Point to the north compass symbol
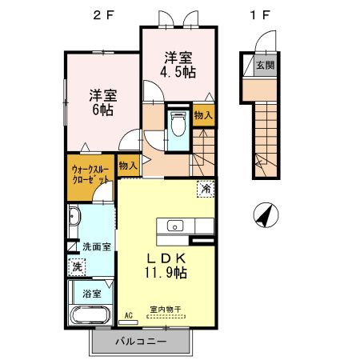[x=265, y=214]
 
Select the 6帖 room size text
[x=102, y=110]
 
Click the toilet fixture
[x=178, y=125]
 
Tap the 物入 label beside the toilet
[x=203, y=115]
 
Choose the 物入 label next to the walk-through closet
[x=127, y=166]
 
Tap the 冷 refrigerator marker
[x=205, y=190]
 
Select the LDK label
[x=167, y=258]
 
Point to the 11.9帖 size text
[x=167, y=273]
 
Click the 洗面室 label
[x=96, y=247]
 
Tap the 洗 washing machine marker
[x=78, y=265]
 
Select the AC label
[x=126, y=316]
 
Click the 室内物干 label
[x=166, y=309]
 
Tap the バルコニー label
[x=140, y=341]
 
